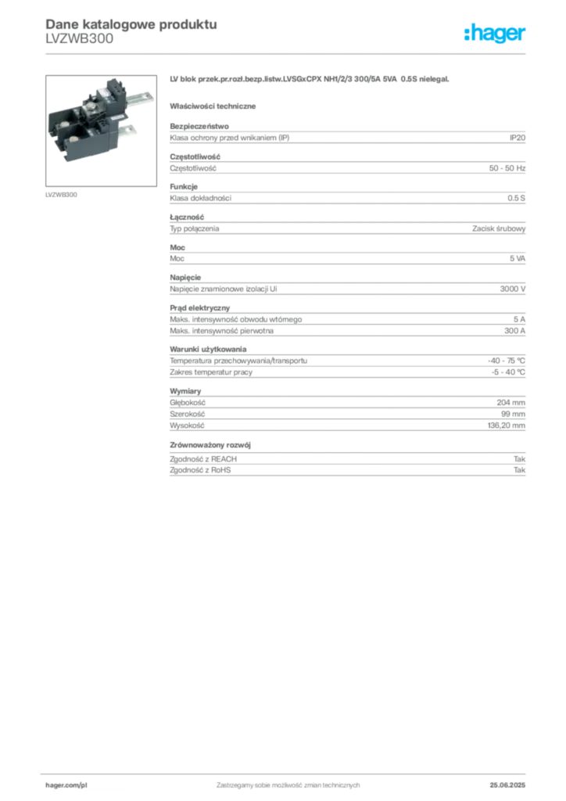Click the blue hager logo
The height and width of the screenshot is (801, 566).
click(x=496, y=34)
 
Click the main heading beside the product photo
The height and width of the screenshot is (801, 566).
click(x=310, y=80)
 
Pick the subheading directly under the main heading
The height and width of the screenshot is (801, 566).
click(x=215, y=105)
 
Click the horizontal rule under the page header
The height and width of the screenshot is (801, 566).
click(x=288, y=53)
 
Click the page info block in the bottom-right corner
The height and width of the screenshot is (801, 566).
click(x=514, y=781)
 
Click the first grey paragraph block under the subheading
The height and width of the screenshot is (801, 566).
click(x=347, y=137)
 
